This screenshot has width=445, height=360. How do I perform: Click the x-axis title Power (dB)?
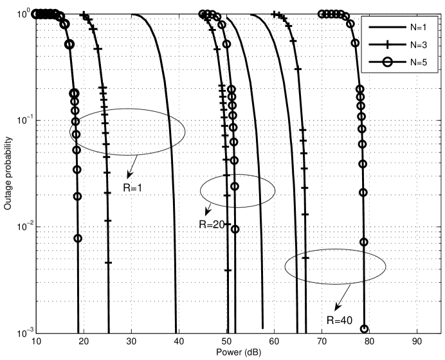(236, 353)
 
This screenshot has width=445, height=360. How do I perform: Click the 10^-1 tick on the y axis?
(23, 120)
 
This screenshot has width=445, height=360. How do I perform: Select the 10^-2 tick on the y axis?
(23, 227)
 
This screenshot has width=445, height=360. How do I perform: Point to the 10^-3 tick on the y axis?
(23, 333)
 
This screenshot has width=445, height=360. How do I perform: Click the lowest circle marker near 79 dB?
(365, 328)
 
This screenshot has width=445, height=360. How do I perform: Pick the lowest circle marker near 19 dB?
(78, 239)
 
